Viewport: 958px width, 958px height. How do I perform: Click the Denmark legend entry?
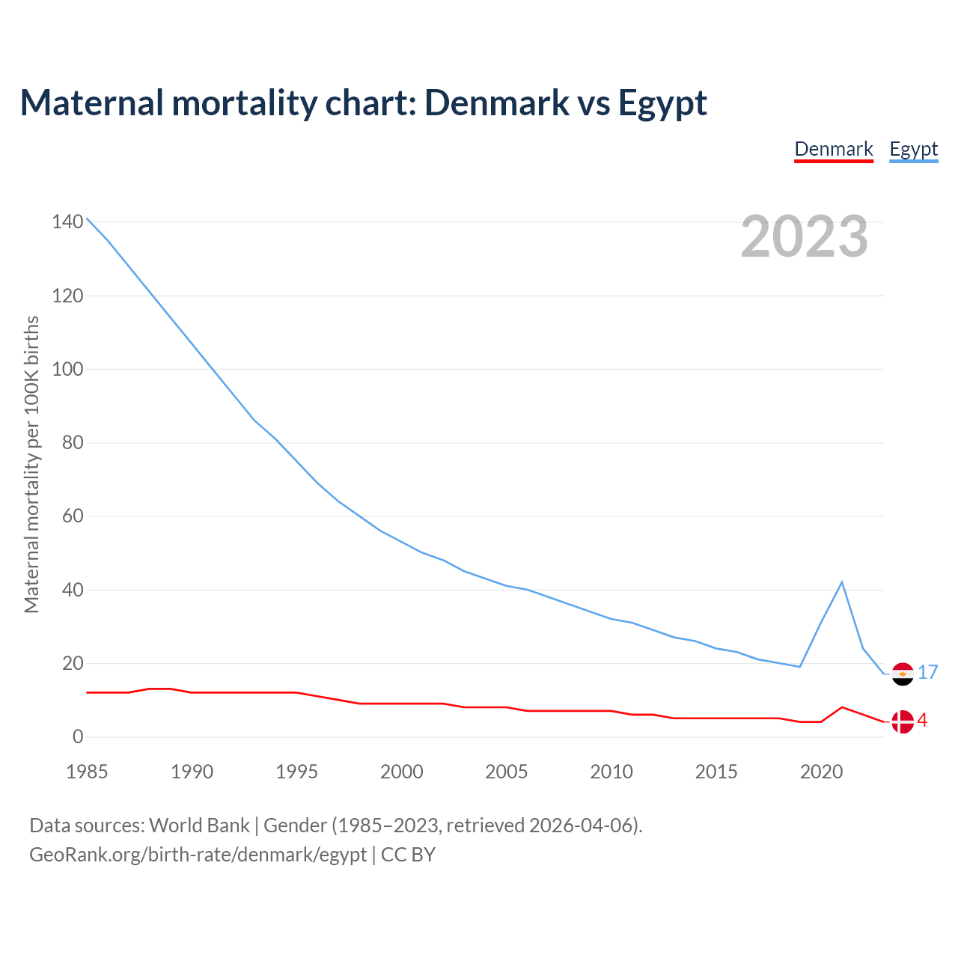pos(834,149)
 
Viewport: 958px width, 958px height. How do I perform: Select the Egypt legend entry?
pos(913,149)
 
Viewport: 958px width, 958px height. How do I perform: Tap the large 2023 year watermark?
pos(804,236)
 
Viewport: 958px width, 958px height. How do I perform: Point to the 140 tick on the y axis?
pos(67,222)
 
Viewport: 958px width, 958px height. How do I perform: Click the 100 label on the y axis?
pos(67,369)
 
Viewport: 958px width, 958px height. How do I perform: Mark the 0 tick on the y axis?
pos(78,737)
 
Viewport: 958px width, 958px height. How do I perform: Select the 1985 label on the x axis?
pos(87,772)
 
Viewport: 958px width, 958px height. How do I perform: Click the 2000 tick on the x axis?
pos(402,772)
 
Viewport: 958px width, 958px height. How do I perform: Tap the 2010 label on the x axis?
pos(611,772)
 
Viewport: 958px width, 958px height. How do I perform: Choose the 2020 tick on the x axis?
pos(822,772)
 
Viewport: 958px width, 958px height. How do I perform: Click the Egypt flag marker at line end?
pos(903,674)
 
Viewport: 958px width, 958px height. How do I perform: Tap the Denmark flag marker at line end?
pos(903,721)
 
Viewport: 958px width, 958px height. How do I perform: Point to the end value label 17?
pos(928,672)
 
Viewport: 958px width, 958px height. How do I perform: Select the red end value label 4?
pos(922,720)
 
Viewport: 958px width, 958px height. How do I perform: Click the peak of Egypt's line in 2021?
pos(842,582)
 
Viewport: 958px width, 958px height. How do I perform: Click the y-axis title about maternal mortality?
pos(31,464)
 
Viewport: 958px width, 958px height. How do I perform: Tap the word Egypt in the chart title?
pos(662,103)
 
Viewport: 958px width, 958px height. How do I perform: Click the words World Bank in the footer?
pos(199,826)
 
